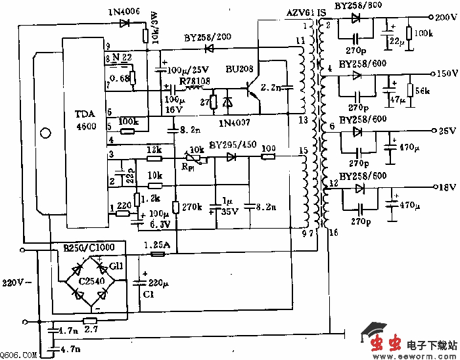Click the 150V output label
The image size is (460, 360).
click(x=446, y=73)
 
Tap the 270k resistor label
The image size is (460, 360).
click(x=191, y=207)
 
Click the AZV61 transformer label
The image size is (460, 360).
click(x=300, y=12)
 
